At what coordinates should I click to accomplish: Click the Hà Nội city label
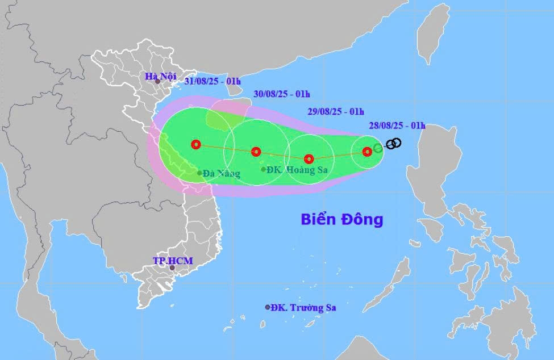(160, 76)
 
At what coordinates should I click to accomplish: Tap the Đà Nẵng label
(222, 174)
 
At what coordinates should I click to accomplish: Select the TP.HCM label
(173, 261)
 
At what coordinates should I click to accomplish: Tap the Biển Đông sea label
(341, 219)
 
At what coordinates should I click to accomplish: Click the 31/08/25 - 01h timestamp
(212, 82)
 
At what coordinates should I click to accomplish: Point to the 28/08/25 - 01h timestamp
(397, 125)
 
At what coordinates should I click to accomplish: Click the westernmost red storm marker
(196, 144)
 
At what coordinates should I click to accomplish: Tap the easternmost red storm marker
(367, 151)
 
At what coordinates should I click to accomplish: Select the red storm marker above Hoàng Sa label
(256, 152)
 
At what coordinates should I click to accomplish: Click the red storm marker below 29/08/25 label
(309, 159)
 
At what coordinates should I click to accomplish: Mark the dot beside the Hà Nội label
(157, 82)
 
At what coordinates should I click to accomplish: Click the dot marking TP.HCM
(172, 267)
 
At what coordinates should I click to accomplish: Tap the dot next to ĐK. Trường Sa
(268, 307)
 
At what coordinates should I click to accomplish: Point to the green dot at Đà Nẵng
(199, 173)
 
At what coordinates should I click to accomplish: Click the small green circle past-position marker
(378, 148)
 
